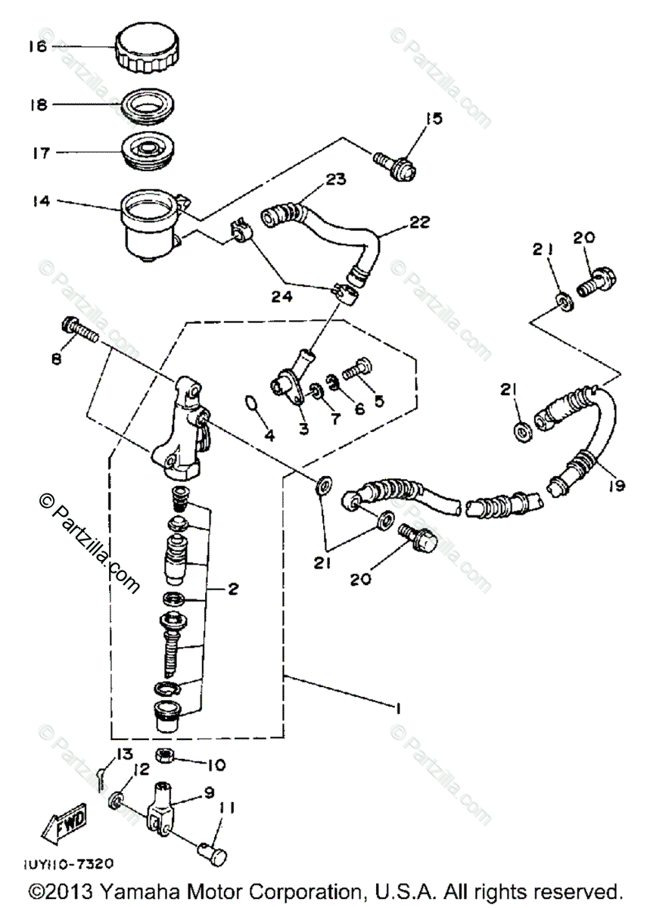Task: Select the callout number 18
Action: (38, 104)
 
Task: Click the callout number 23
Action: (336, 179)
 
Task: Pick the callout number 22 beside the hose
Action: (420, 222)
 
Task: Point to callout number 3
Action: (303, 429)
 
